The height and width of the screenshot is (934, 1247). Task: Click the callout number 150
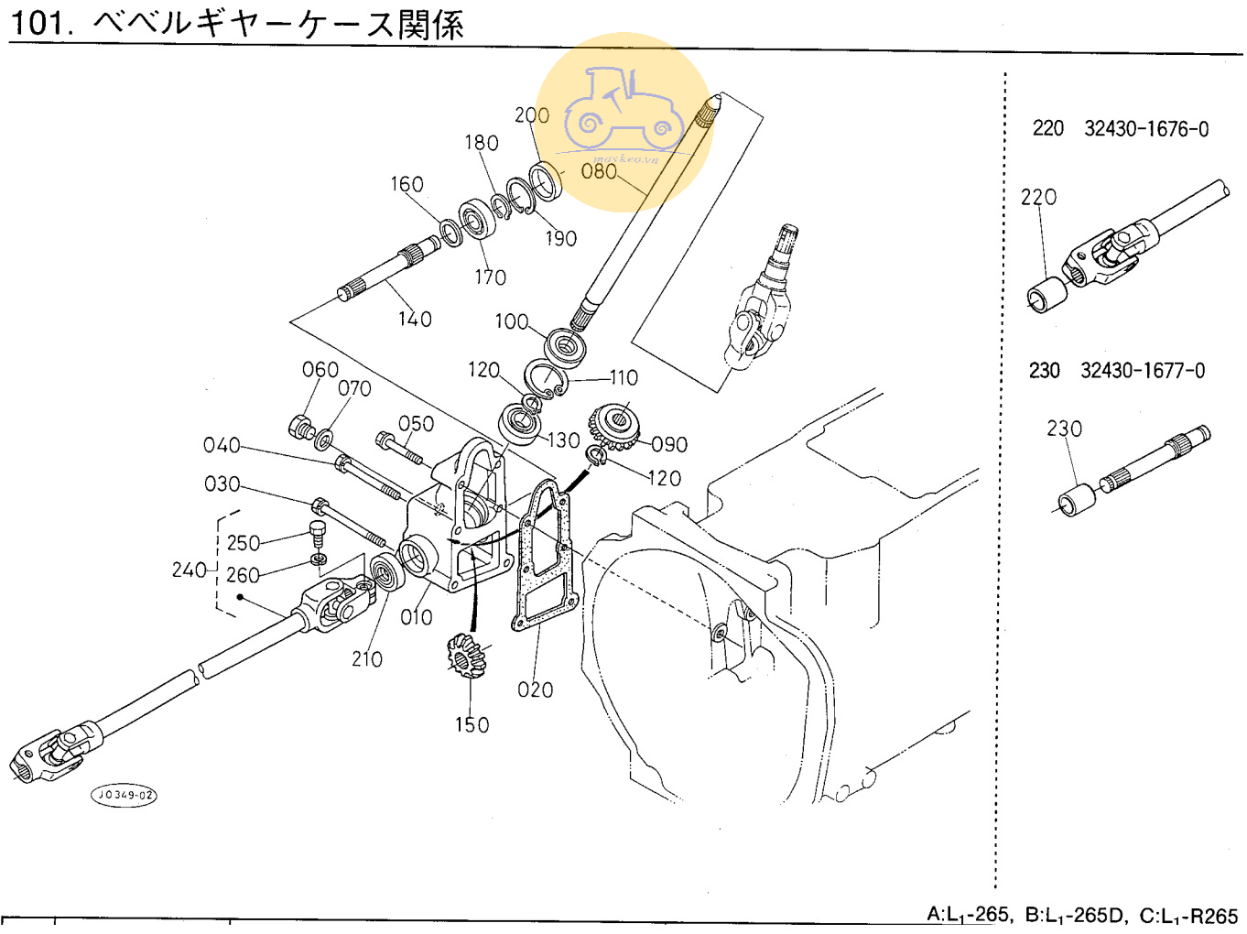tap(472, 724)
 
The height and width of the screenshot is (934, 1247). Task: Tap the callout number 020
tap(535, 690)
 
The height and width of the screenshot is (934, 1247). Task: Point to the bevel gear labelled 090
tap(616, 424)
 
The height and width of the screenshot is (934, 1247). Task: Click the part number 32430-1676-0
tap(1146, 128)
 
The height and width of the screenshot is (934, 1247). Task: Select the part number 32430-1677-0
tap(1143, 371)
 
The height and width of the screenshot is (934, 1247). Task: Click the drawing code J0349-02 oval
tap(124, 795)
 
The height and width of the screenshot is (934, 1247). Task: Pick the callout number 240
tap(189, 570)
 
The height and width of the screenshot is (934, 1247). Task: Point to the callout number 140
tap(414, 319)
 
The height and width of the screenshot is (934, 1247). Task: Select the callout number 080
tap(599, 171)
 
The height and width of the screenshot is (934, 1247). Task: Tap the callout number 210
tap(367, 658)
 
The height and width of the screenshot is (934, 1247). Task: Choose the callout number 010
tap(417, 617)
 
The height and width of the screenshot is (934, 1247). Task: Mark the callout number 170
tap(490, 277)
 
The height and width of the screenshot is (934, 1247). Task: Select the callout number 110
tap(623, 377)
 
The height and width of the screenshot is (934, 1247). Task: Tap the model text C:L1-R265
tap(1187, 915)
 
